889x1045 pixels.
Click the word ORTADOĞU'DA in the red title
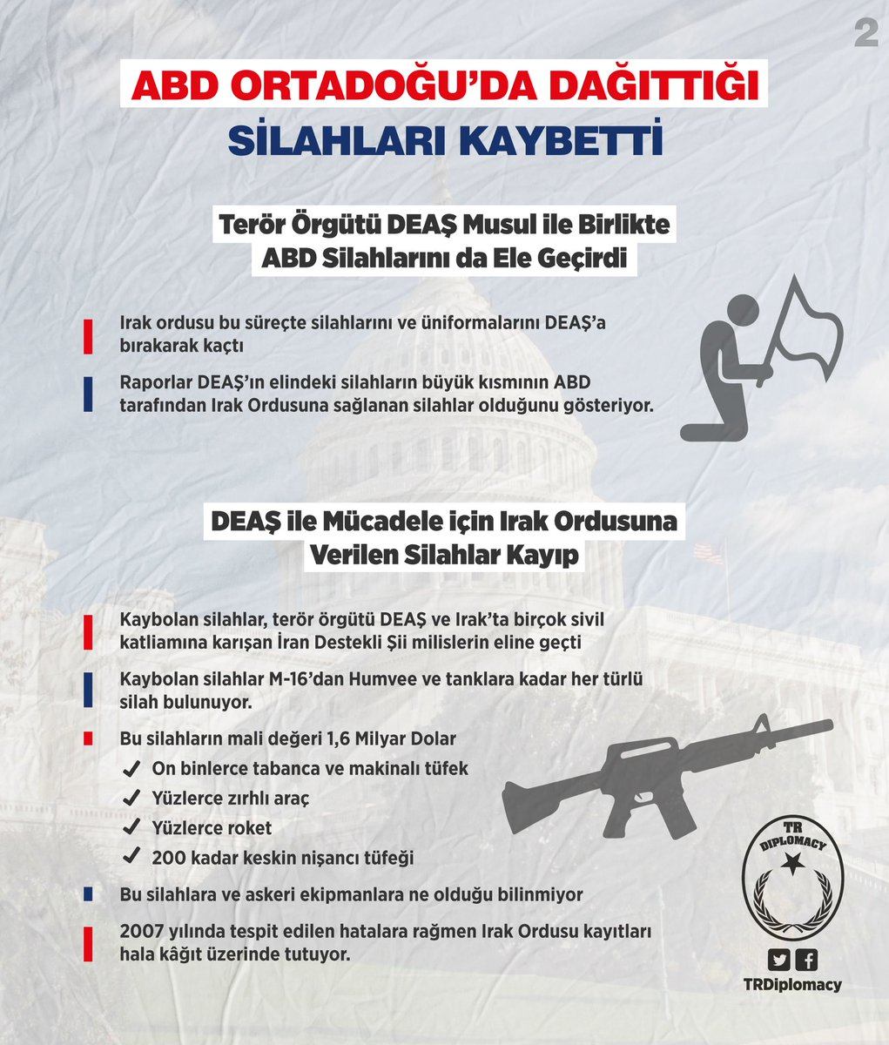pyautogui.click(x=354, y=89)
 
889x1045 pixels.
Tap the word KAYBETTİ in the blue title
pyautogui.click(x=552, y=141)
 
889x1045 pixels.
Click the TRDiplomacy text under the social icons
pyautogui.click(x=792, y=985)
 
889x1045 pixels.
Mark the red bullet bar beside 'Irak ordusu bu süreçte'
pyautogui.click(x=89, y=334)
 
